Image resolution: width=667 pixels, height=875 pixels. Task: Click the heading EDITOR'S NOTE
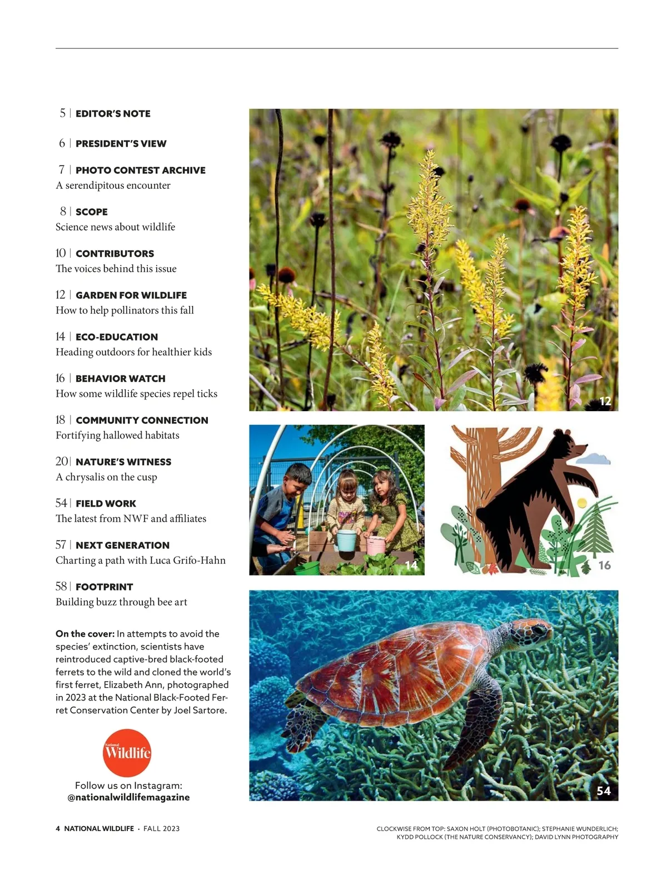[113, 114]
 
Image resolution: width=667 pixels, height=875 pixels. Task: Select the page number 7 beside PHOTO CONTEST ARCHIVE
[62, 169]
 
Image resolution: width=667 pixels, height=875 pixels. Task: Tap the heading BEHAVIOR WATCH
[120, 379]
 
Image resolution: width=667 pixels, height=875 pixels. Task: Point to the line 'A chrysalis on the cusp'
[106, 477]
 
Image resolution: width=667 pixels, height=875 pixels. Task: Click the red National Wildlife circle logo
[127, 753]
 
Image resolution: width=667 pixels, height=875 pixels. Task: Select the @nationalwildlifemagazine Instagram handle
[128, 797]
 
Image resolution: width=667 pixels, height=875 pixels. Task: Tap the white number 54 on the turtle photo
[604, 791]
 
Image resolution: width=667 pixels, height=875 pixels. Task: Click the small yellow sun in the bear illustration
[581, 503]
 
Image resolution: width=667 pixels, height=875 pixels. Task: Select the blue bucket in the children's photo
[347, 541]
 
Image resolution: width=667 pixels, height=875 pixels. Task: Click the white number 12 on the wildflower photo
[605, 401]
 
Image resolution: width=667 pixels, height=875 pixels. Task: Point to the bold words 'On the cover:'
[85, 634]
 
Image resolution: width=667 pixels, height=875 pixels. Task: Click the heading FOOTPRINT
[104, 587]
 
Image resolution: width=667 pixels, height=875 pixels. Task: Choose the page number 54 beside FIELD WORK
[61, 503]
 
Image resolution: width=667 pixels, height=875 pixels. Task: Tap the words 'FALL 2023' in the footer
[161, 828]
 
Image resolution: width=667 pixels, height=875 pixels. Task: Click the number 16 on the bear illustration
[604, 566]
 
